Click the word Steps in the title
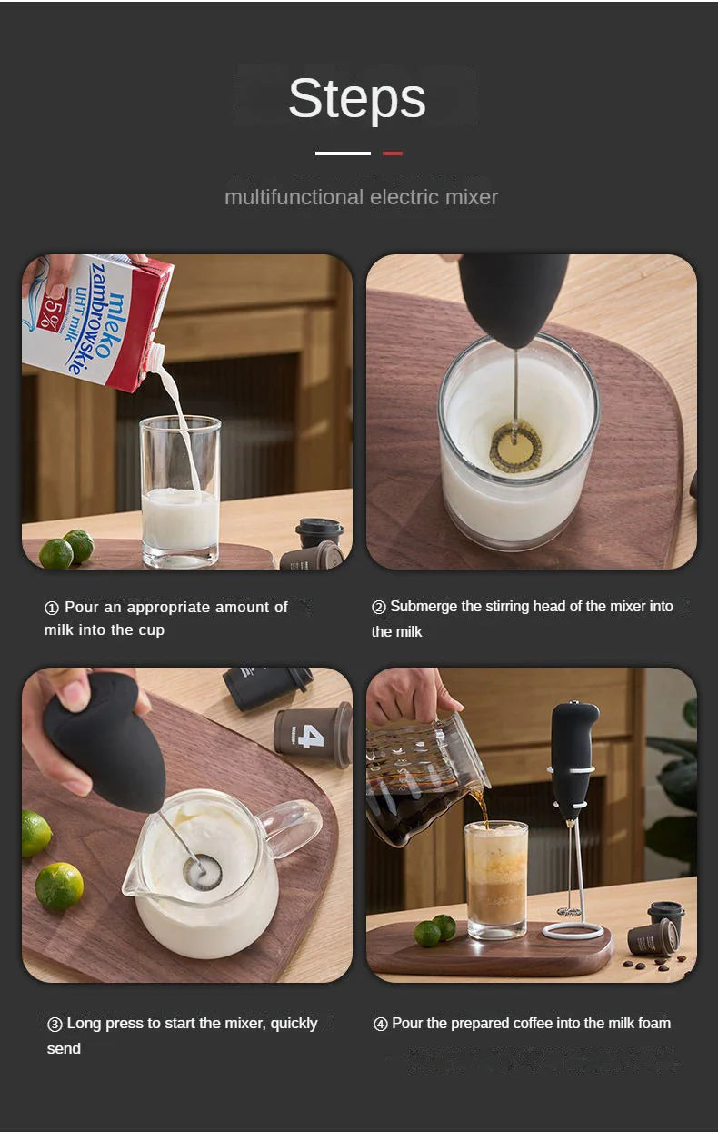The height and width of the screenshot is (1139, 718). [x=356, y=99]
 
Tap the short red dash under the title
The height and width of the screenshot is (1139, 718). [x=392, y=154]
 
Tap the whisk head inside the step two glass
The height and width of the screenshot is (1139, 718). [x=515, y=447]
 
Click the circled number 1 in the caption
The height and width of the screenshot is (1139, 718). [x=52, y=608]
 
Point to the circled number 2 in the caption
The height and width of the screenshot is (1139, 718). [x=378, y=607]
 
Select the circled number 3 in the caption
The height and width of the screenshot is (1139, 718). [x=55, y=1024]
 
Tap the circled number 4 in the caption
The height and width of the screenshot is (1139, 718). [x=381, y=1024]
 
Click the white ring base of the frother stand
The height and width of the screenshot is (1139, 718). [x=573, y=930]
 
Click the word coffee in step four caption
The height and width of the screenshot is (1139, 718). [x=537, y=1024]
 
